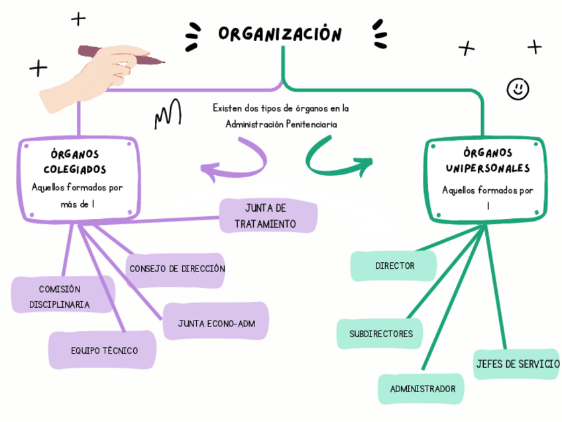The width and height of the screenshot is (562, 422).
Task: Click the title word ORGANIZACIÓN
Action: tap(280, 34)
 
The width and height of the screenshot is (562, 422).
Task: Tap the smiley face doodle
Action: tap(518, 88)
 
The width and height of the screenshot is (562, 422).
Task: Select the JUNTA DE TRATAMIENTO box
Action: tap(268, 216)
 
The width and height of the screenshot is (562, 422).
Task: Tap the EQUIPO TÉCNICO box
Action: tap(103, 350)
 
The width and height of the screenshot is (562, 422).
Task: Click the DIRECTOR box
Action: tap(394, 265)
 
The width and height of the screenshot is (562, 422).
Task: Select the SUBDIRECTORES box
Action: tap(380, 334)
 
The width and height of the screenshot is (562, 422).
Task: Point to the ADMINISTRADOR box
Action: tap(422, 389)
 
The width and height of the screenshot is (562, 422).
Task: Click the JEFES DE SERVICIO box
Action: tap(517, 364)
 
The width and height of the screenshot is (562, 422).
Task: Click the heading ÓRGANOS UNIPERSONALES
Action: tap(487, 161)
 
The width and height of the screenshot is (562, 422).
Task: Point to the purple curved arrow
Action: tap(239, 165)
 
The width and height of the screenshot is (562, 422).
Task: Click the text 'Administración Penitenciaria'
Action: tap(280, 124)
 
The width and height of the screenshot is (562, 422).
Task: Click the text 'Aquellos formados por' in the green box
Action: tap(487, 190)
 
